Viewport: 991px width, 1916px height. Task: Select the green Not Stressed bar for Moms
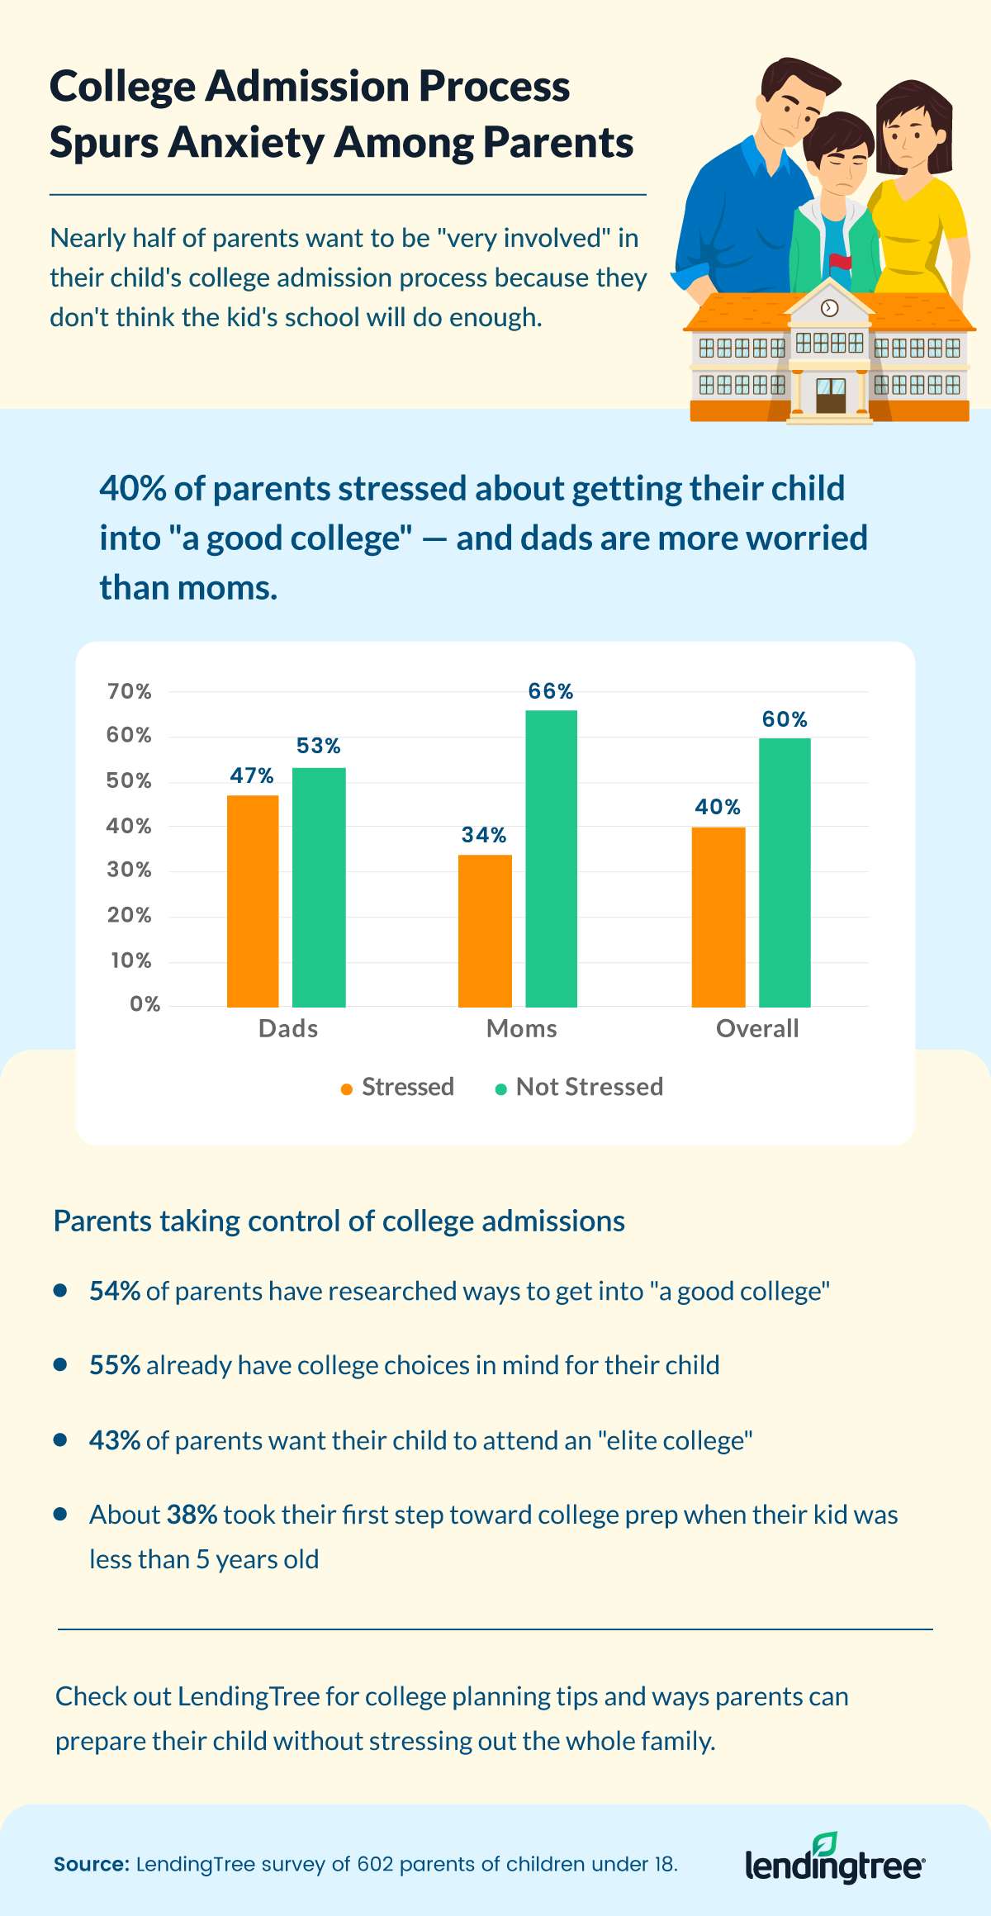[x=551, y=858]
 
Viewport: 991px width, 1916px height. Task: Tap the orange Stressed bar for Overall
[x=718, y=917]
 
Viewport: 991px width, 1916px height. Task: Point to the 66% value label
[x=551, y=691]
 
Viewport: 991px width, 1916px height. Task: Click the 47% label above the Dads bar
[x=252, y=775]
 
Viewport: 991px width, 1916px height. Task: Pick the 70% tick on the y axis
[x=130, y=691]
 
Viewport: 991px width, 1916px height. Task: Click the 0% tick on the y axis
[x=145, y=1004]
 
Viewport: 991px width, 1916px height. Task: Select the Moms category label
[x=521, y=1028]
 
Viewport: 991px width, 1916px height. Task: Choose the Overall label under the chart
[x=757, y=1028]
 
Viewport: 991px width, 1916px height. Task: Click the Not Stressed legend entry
[x=589, y=1087]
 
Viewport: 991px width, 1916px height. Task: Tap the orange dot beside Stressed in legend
[x=347, y=1089]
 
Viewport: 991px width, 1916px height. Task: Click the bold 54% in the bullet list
[x=115, y=1291]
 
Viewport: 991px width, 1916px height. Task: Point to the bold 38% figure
[x=192, y=1515]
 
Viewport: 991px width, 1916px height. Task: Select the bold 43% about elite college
[x=115, y=1440]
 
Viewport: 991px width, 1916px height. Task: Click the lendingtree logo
[x=835, y=1863]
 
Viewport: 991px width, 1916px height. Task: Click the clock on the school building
[x=830, y=308]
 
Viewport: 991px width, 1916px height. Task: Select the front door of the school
[x=831, y=396]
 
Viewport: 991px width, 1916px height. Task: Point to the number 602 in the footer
[x=375, y=1864]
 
